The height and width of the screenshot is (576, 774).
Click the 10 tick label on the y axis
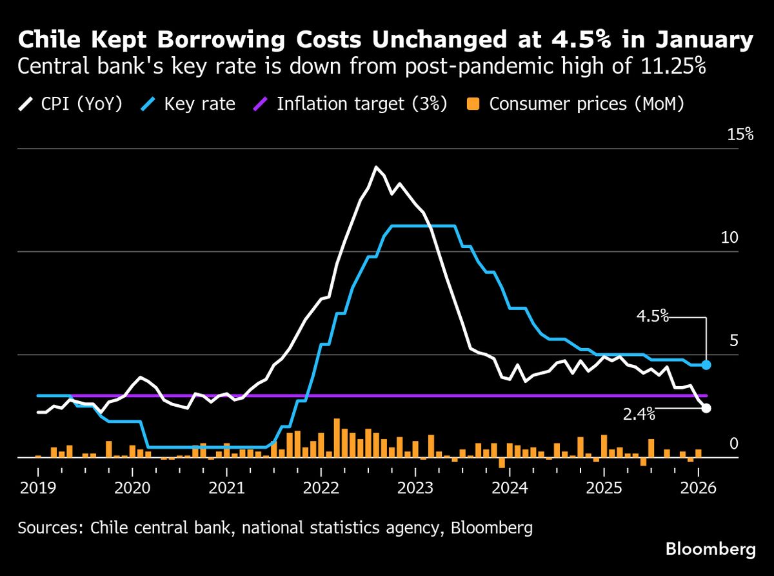(x=729, y=238)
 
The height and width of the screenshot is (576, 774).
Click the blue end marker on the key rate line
(x=706, y=365)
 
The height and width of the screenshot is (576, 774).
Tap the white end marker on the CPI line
(x=706, y=408)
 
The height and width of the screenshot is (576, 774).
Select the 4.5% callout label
(x=652, y=316)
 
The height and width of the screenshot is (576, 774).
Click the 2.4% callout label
(x=639, y=415)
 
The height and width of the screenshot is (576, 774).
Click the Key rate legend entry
(x=189, y=104)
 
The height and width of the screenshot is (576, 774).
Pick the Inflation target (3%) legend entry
(x=352, y=104)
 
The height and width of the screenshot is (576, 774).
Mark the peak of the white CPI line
(x=375, y=167)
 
